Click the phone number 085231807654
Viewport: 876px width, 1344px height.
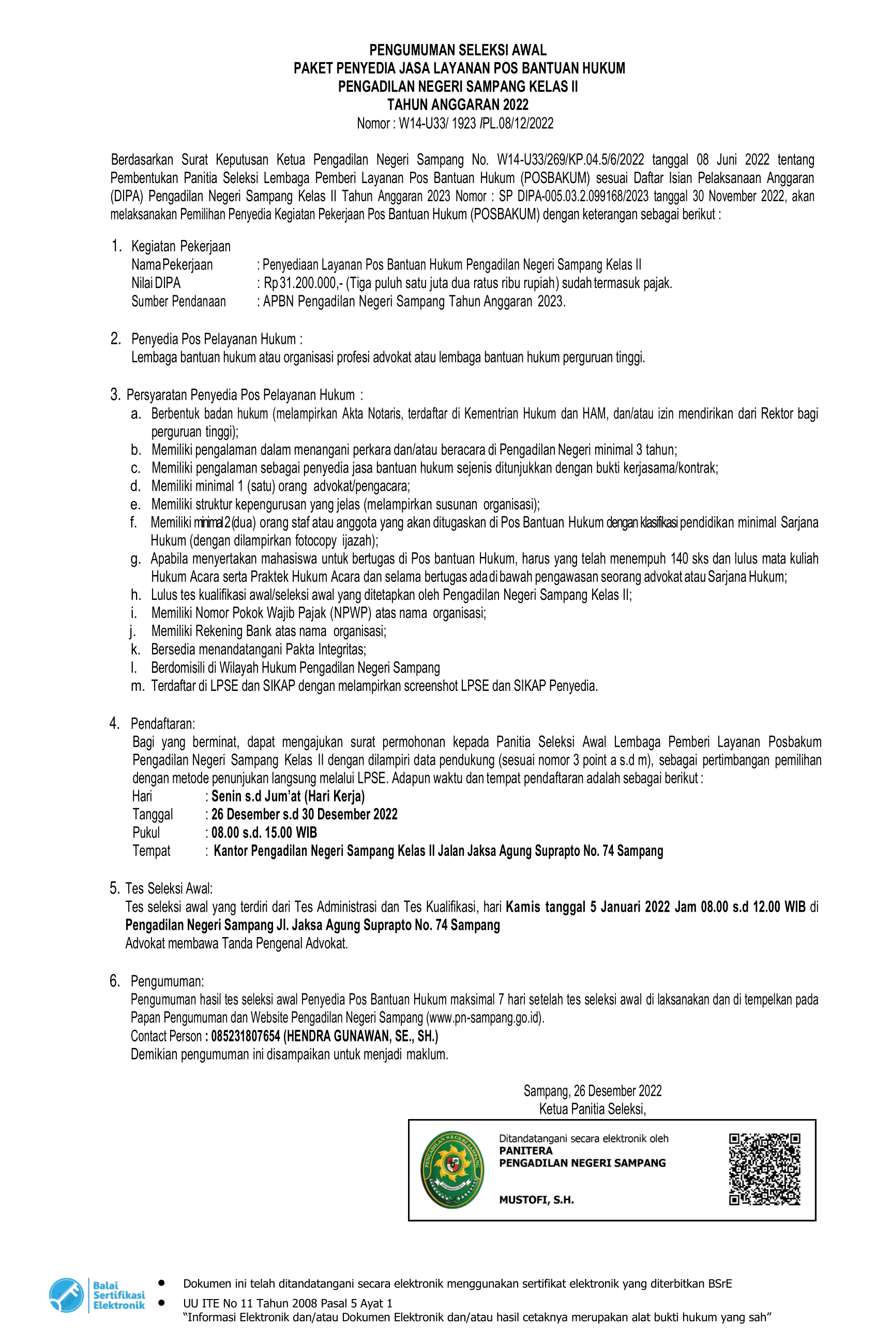tap(246, 1036)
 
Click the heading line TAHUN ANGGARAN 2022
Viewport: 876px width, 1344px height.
tap(458, 104)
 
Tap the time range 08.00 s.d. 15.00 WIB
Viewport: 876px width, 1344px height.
tap(264, 833)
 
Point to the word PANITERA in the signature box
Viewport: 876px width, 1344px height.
tap(525, 1150)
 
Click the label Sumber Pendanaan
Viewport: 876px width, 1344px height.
tap(178, 301)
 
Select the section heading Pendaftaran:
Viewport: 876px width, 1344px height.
tap(163, 723)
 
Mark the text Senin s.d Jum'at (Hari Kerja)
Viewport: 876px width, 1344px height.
tap(288, 796)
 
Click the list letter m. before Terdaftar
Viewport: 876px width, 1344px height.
tap(137, 686)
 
